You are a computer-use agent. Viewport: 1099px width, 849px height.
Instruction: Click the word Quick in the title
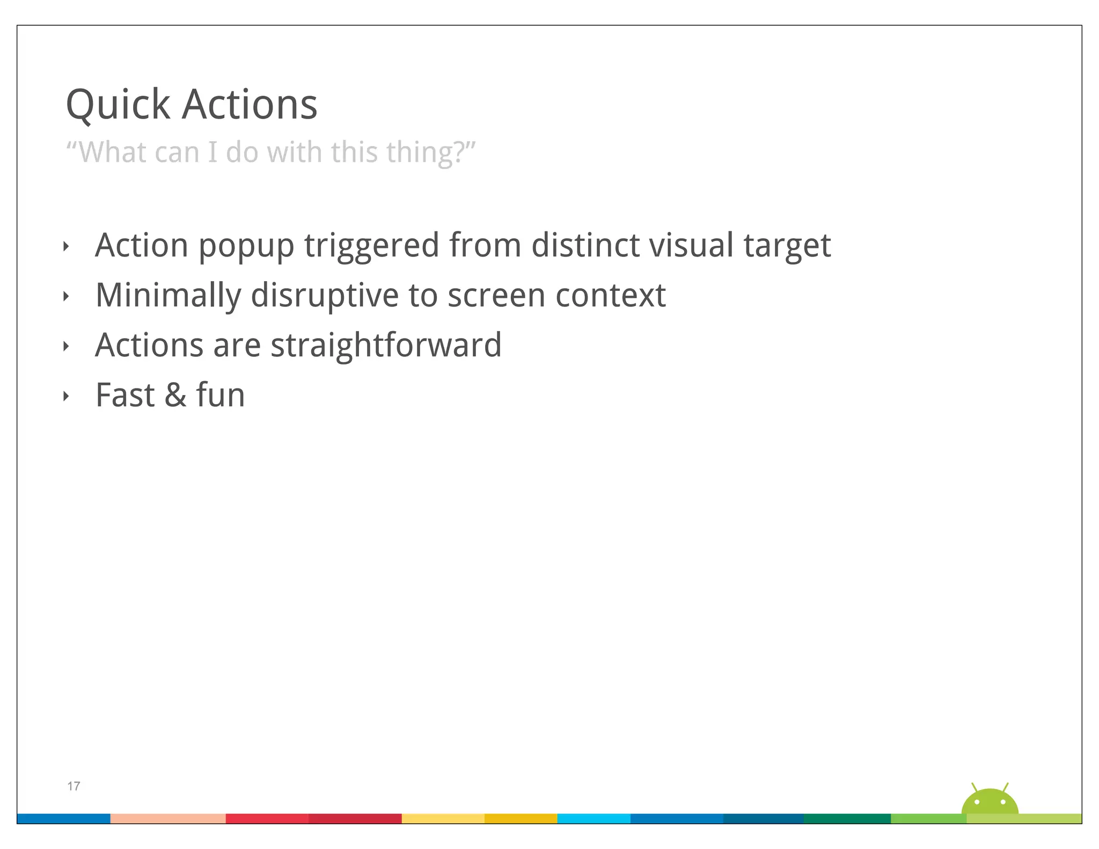pos(118,105)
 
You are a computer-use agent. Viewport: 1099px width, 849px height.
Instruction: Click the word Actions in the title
pos(250,105)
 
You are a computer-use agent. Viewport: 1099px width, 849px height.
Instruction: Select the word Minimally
pos(168,296)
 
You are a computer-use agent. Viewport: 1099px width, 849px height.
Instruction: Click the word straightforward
pos(386,345)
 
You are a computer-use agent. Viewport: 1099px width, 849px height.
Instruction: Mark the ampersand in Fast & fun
pos(175,396)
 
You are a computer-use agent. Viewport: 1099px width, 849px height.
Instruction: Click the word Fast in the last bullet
pos(125,396)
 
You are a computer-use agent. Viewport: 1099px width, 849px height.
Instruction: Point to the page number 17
pos(74,786)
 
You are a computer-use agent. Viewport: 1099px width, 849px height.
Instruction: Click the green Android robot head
pos(990,802)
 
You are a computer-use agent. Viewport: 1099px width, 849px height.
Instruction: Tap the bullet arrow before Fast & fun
pos(66,397)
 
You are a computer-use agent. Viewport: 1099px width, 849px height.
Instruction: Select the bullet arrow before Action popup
pos(66,247)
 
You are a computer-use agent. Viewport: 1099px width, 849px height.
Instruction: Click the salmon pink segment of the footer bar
pos(168,818)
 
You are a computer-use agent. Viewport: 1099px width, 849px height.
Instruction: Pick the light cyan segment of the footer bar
pos(594,818)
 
